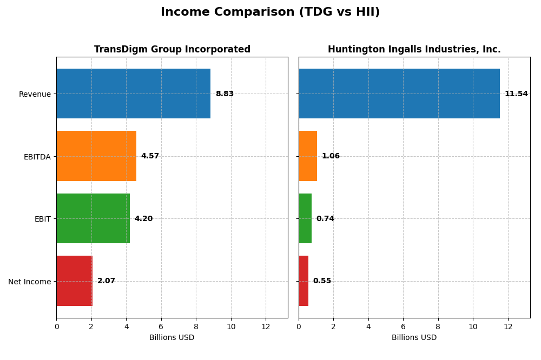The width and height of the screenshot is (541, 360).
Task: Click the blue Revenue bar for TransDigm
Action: coord(133,94)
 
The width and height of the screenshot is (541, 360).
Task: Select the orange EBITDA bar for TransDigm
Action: coord(96,156)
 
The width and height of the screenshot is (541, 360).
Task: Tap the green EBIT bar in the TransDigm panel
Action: coord(93,218)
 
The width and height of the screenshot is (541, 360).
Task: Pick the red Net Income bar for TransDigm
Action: coord(74,281)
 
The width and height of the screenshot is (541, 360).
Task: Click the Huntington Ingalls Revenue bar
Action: coord(399,94)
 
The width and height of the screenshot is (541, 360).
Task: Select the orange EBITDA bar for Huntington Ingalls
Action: coord(308,156)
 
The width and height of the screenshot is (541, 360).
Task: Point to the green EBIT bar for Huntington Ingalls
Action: coord(305,218)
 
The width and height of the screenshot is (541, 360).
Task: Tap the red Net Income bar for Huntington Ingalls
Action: coord(304,281)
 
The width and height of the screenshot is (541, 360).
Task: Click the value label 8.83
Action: coord(225,94)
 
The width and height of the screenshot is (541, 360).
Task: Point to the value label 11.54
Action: coord(516,94)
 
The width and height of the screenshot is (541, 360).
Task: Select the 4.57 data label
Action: coord(150,156)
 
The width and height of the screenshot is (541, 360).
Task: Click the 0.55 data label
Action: coord(322,281)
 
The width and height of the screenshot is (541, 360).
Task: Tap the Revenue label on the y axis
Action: coord(35,94)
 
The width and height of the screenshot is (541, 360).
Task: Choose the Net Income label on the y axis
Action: coord(30,282)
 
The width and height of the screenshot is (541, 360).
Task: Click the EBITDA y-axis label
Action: coord(37,157)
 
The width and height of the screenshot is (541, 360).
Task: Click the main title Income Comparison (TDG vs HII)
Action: coord(270,12)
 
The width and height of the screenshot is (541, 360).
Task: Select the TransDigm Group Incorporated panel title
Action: coord(172,50)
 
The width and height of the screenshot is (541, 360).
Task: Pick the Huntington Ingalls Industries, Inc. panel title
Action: coord(414,50)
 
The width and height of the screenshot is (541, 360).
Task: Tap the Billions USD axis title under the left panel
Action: coord(172,338)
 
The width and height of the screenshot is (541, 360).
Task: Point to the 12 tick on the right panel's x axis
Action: coord(508,327)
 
